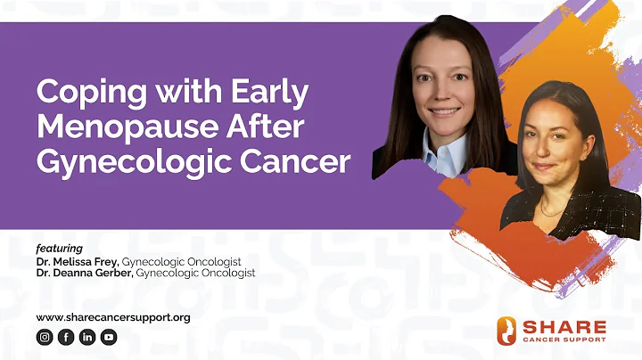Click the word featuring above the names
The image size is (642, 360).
click(59, 248)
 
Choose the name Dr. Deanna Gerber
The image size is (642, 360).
click(82, 273)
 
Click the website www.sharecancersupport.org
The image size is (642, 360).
click(113, 317)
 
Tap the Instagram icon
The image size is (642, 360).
click(45, 337)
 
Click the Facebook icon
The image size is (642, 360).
click(66, 337)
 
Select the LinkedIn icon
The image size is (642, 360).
click(87, 337)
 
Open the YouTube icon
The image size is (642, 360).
click(109, 337)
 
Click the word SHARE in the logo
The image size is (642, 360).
click(564, 326)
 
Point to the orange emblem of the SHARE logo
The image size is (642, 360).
click(506, 331)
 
